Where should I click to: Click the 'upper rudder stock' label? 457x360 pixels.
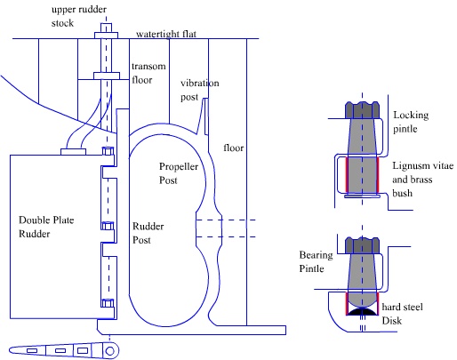coord(79,16)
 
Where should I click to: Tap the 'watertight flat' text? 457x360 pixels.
coord(166,34)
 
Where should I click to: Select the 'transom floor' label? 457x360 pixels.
coord(148,73)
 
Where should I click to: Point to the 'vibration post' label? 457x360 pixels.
coord(200,90)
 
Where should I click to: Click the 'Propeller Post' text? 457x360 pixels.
coord(179,173)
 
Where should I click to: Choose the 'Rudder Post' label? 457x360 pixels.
coord(148,233)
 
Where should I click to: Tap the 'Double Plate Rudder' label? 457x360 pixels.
coord(46,227)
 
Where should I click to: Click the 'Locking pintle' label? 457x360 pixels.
coord(411,122)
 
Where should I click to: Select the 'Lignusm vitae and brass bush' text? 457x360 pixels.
coord(423,180)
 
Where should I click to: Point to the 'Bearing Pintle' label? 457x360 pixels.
coord(316,261)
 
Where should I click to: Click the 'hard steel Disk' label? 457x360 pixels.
coord(402,314)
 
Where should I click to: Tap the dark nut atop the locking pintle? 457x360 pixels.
coord(362,110)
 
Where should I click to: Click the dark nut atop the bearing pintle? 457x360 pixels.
coord(362,245)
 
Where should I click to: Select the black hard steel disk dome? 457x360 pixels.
coord(362,311)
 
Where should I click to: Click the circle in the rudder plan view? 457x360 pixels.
coord(110,351)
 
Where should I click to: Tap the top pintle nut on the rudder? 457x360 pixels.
coord(108,151)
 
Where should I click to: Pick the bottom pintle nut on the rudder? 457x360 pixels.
coord(108,303)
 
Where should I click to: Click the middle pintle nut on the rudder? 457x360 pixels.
coord(108,226)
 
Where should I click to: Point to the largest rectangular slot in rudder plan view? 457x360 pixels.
coord(83,351)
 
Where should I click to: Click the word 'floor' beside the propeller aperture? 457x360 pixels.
coord(234,148)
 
